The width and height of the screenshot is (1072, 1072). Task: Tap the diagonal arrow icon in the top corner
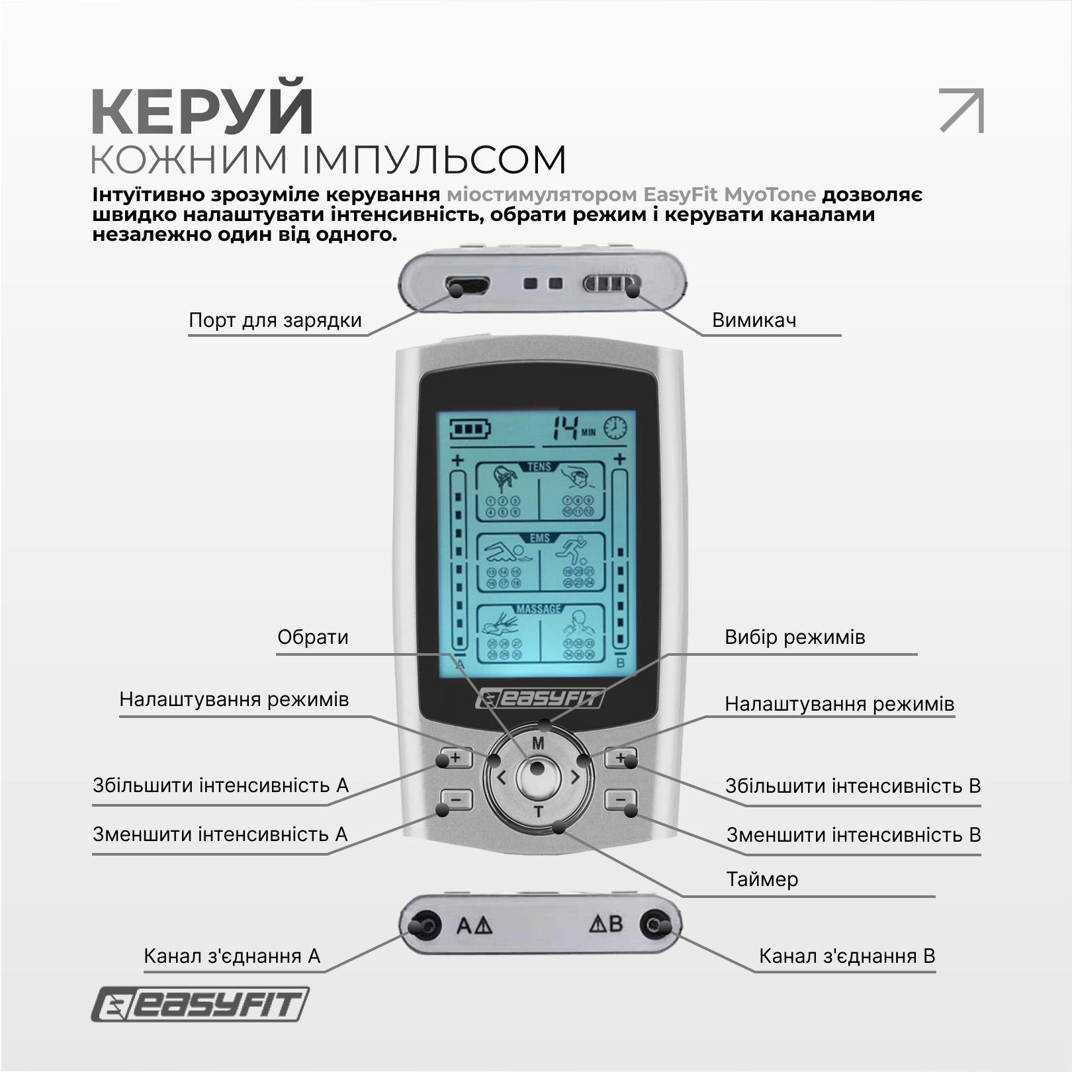pos(961,110)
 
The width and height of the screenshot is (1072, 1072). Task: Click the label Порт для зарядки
pos(275,320)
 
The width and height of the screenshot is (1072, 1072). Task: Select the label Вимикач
pos(754,320)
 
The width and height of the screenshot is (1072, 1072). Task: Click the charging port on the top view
pos(467,286)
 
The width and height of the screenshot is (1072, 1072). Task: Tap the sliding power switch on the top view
pos(611,285)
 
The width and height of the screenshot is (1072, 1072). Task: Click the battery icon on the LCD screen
pos(470,429)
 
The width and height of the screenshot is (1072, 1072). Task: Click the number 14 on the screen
pos(566,429)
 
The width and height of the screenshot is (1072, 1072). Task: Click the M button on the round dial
pos(538,743)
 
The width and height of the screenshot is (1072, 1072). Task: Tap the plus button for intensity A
pos(455,758)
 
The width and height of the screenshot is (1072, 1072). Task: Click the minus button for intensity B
pos(620,800)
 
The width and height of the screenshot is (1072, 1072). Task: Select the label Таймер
pos(762,879)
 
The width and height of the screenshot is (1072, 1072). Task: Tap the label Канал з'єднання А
pos(232,956)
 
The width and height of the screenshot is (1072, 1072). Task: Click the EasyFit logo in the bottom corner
pos(200,1005)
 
